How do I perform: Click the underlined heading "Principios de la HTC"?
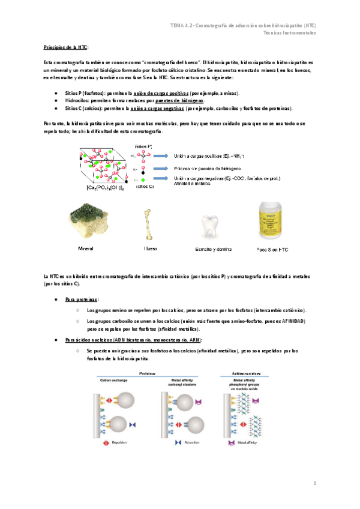point(66,46)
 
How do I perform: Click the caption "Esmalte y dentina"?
point(214,249)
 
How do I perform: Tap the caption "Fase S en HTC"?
point(272,249)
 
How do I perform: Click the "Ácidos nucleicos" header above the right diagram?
point(243,372)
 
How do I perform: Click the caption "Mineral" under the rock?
point(86,248)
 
